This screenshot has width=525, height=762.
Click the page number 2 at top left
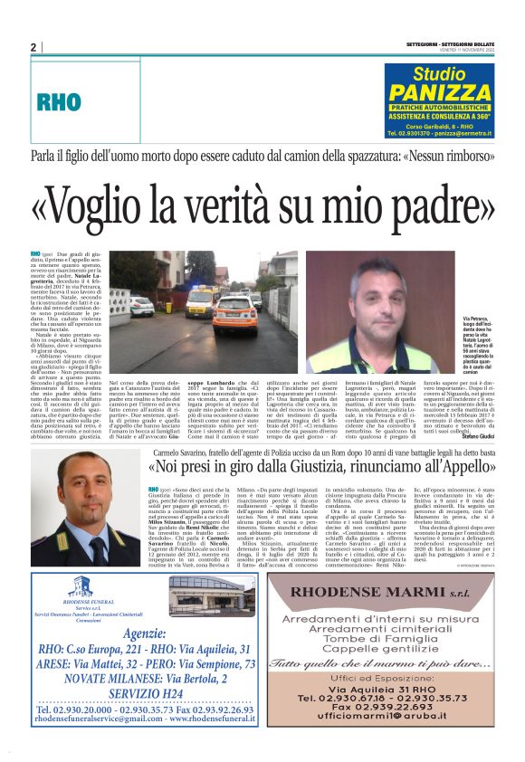pos(33,48)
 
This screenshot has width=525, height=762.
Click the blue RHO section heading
pos(60,102)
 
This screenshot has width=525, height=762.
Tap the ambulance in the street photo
pos(234,311)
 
